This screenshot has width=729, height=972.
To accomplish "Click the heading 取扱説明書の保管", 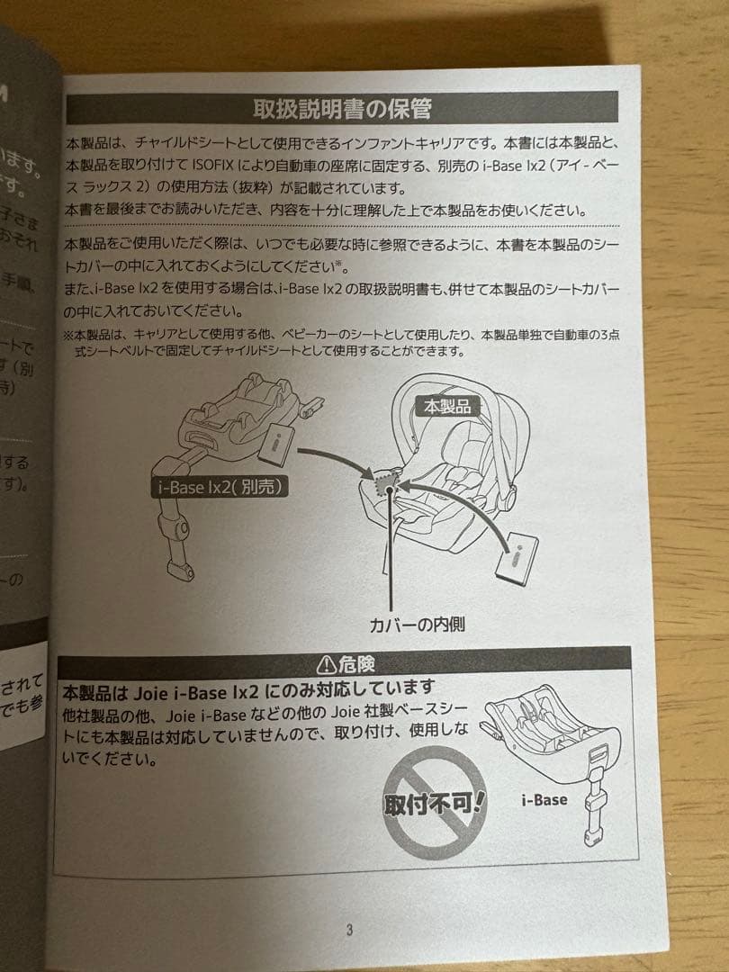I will tap(341, 109).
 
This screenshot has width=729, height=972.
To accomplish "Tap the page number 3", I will tap(348, 930).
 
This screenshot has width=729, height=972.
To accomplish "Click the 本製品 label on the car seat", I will tap(447, 406).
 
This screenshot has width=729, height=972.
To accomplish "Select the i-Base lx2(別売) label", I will tap(217, 487).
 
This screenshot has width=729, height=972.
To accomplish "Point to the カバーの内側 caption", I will tap(417, 623).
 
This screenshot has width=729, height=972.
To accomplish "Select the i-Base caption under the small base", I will tap(544, 799).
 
